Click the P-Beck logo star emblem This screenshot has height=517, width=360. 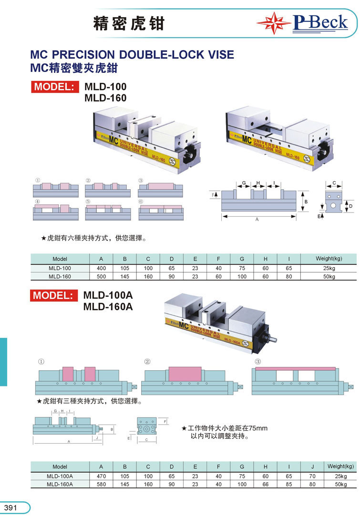(x=274, y=23)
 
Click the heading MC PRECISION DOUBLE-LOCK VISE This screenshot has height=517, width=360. (x=132, y=54)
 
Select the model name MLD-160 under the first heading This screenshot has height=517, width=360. (x=105, y=98)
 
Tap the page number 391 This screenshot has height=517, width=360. (x=10, y=508)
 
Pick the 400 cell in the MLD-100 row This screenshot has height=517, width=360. (x=101, y=268)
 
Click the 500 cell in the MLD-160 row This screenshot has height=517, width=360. (x=101, y=276)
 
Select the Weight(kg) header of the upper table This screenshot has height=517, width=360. (x=329, y=259)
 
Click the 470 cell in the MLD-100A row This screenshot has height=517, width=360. (x=101, y=476)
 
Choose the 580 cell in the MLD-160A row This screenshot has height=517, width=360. (x=101, y=484)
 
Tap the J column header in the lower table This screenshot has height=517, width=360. (x=312, y=466)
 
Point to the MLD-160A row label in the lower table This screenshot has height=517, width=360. (x=60, y=484)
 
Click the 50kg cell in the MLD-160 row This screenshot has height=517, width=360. (x=329, y=276)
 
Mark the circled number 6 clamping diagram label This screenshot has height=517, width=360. (x=141, y=202)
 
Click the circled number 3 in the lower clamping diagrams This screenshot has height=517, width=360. (x=258, y=362)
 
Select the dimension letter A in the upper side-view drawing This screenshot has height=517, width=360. (x=257, y=220)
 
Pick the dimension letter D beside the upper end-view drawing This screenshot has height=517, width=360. (x=350, y=206)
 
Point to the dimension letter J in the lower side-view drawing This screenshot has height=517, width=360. (x=96, y=437)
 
